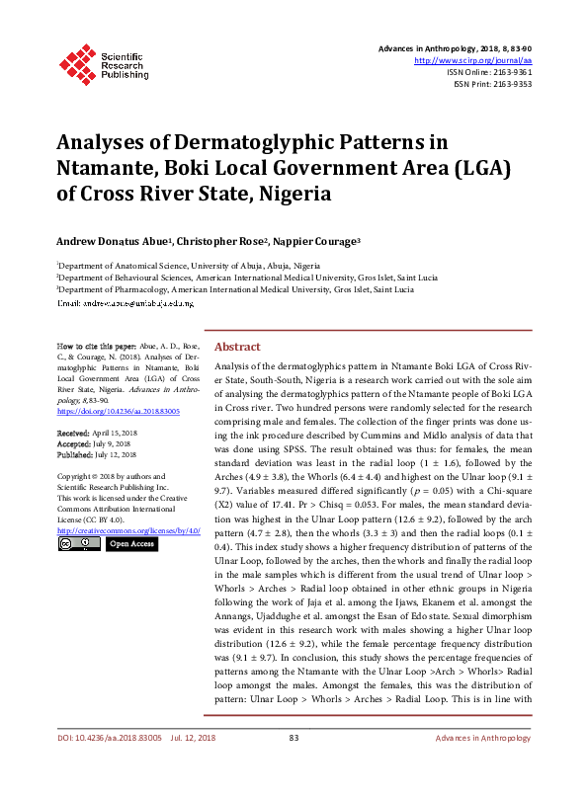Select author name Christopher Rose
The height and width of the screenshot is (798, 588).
point(221,240)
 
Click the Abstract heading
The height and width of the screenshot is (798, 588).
point(237,348)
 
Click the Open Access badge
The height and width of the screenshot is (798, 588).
point(131,543)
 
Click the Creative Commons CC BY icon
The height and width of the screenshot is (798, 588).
point(78,543)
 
